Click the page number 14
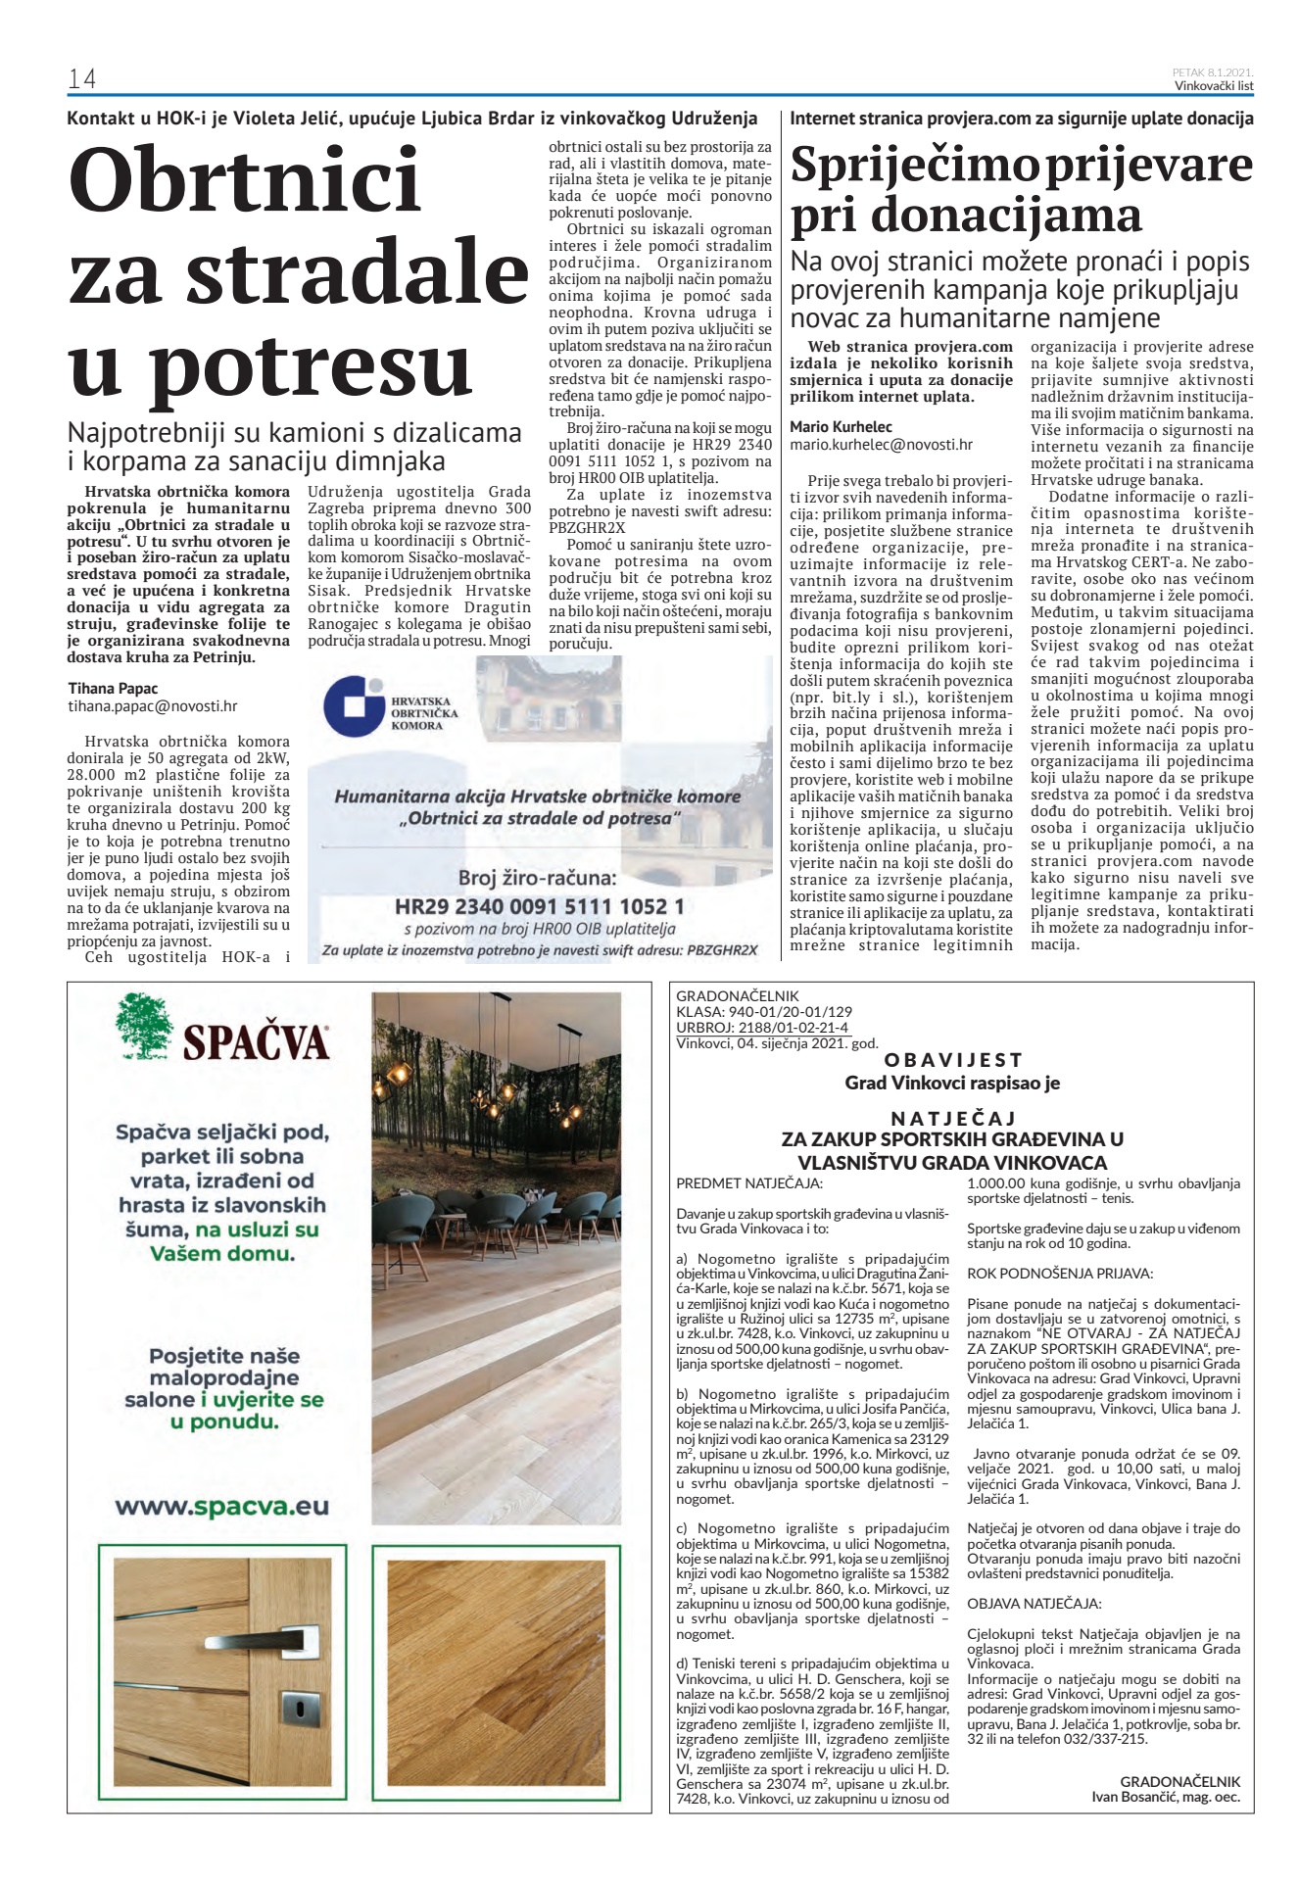pos(81,79)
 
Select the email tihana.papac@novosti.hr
pos(153,705)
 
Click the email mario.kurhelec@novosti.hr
pos(881,444)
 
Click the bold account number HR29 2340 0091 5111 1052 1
pos(540,906)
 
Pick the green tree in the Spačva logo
pos(144,1026)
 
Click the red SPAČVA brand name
pos(256,1041)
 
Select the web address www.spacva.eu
pos(221,1507)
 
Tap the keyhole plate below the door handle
pos(294,1705)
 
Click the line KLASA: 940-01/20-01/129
pos(764,1012)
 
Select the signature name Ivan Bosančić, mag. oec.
pos(1165,1797)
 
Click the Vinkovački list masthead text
pos(1214,86)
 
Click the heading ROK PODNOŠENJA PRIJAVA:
pos(1046,1274)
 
